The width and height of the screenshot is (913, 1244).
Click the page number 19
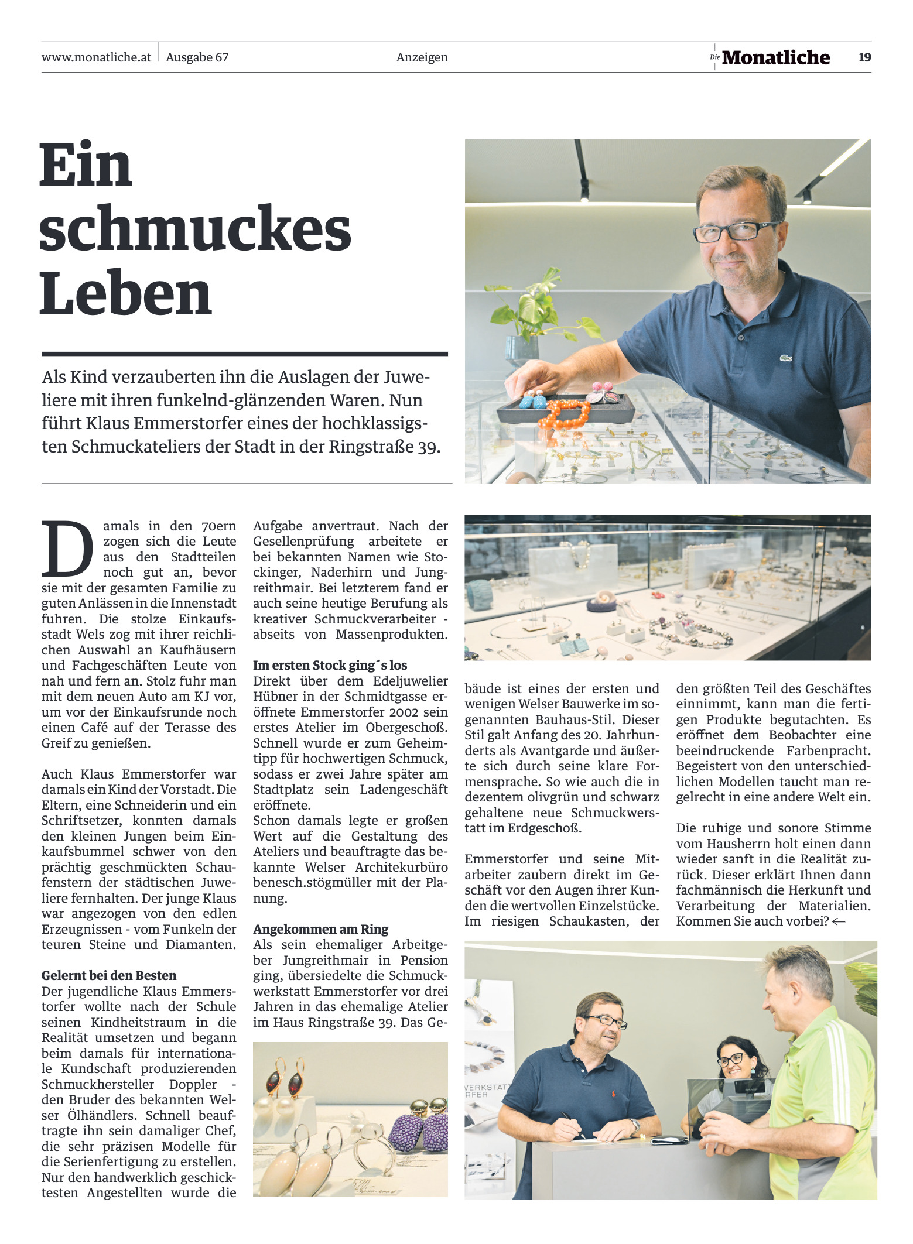coord(864,57)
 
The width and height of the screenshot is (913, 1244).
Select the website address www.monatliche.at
coord(96,57)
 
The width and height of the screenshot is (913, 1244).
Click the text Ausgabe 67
coord(197,57)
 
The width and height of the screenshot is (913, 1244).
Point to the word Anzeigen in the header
coord(422,57)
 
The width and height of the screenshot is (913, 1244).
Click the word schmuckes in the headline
coord(194,229)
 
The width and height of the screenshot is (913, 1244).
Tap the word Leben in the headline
coord(125,294)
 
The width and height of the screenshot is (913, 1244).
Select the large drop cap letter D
coord(67,549)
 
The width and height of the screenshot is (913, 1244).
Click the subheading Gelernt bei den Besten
coord(108,975)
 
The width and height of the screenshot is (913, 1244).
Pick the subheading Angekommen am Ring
coord(320,929)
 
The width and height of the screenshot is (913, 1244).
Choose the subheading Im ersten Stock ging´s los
coord(330,665)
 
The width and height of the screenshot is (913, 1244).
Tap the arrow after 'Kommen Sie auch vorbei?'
coord(838,921)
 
